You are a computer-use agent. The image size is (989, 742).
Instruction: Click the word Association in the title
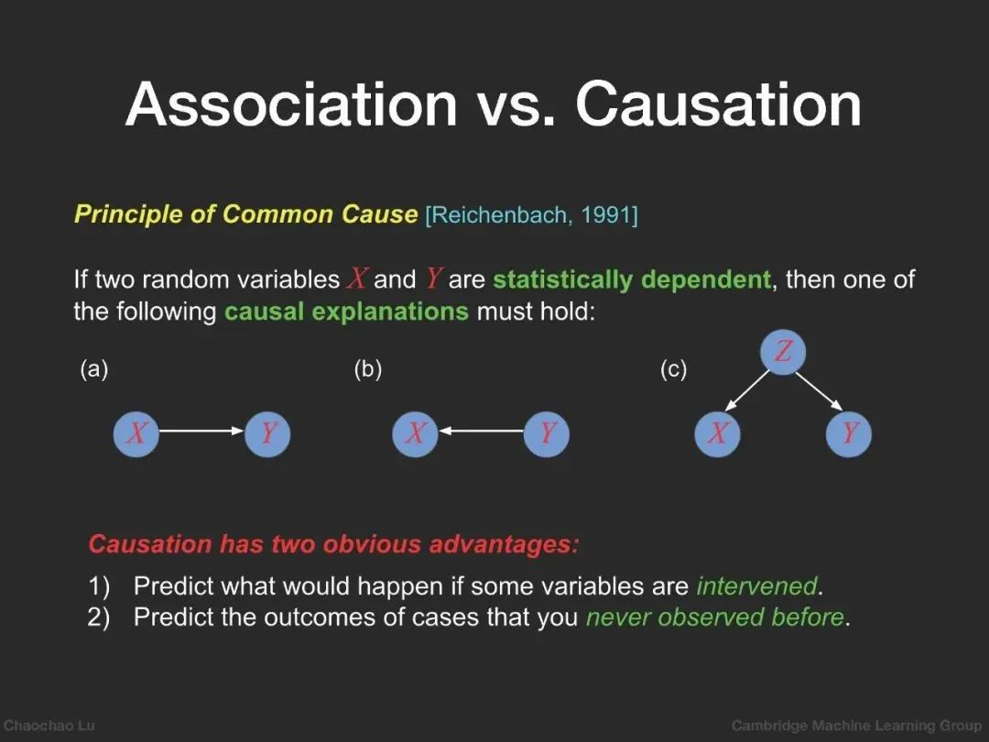[291, 104]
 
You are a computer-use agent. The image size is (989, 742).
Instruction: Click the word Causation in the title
[719, 104]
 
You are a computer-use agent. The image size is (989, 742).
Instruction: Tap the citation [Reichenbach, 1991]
[532, 215]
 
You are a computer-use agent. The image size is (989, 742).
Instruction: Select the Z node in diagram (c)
[783, 352]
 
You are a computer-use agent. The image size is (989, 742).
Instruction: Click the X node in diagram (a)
[136, 433]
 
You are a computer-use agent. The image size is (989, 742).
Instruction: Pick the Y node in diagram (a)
[267, 433]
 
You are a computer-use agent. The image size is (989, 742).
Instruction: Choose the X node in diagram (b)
[415, 433]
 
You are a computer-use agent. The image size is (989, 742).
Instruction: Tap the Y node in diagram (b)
[546, 433]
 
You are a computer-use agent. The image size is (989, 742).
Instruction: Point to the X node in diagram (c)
[717, 433]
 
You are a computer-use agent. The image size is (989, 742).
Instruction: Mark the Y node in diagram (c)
[848, 433]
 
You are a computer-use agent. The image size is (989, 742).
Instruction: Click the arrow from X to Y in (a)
[201, 431]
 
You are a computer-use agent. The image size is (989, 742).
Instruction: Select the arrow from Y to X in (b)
[482, 431]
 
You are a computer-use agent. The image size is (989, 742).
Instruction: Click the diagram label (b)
[368, 369]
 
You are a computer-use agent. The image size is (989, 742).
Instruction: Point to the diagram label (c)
[673, 369]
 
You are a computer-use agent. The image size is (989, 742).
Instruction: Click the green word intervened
[756, 586]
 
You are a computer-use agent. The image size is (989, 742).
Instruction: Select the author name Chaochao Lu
[49, 726]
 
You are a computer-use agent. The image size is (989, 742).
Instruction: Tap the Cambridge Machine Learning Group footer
[856, 726]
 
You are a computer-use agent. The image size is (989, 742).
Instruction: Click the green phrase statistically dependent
[631, 279]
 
